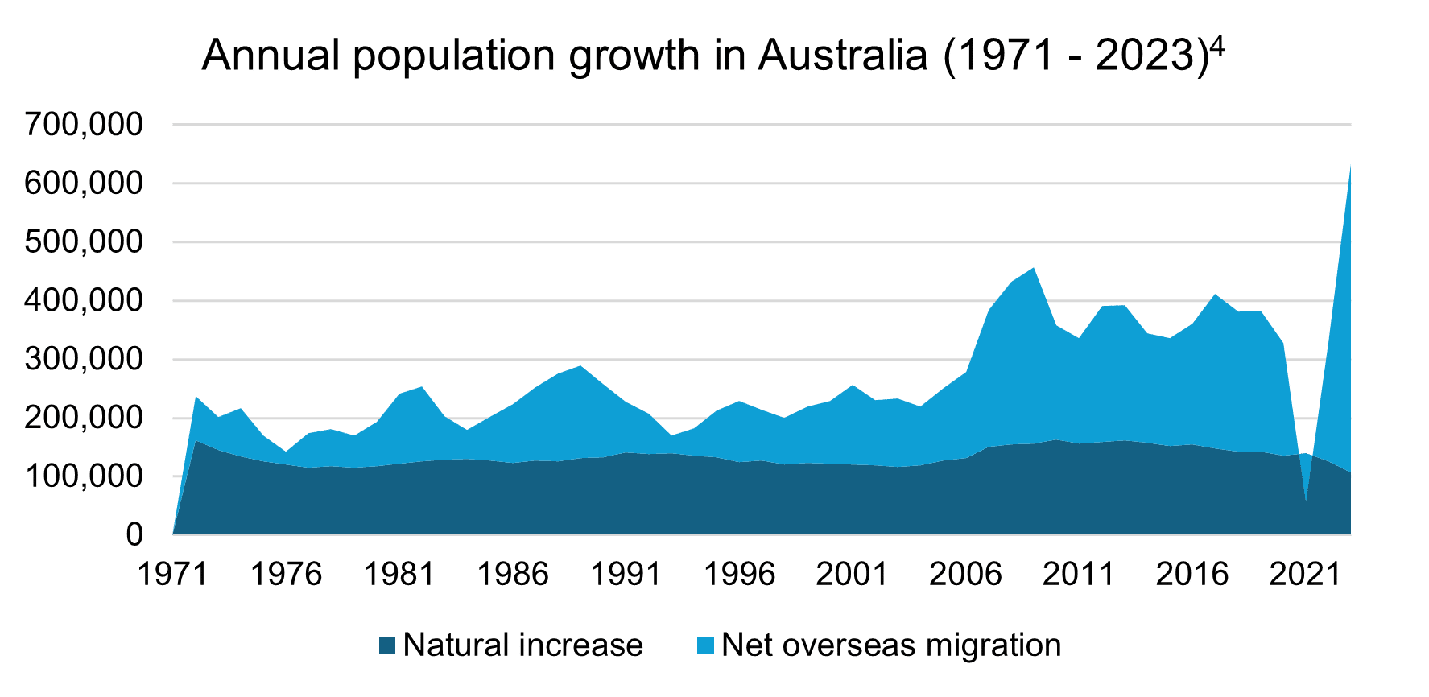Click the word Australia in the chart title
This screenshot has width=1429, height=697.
pyautogui.click(x=842, y=56)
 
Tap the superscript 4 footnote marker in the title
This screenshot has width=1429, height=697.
pyautogui.click(x=1216, y=47)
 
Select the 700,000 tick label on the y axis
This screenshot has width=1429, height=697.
pyautogui.click(x=85, y=125)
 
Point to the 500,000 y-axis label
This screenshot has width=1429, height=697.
pyautogui.click(x=85, y=242)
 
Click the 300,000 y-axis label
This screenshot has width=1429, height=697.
pyautogui.click(x=85, y=359)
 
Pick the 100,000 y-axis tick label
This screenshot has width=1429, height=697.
pyautogui.click(x=85, y=476)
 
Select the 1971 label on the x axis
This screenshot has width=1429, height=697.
pyautogui.click(x=173, y=575)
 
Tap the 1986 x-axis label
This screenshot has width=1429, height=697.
pyautogui.click(x=513, y=575)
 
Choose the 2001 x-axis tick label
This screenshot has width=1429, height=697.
pyautogui.click(x=853, y=575)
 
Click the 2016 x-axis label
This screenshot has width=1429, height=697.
pyautogui.click(x=1192, y=575)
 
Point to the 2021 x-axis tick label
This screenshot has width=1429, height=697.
pyautogui.click(x=1305, y=575)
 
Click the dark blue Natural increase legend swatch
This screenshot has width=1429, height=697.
pyautogui.click(x=387, y=645)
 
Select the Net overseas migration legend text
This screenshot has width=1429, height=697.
pyautogui.click(x=891, y=645)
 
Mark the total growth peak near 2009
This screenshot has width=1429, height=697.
pyautogui.click(x=1034, y=269)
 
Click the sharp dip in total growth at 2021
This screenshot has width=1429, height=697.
pyautogui.click(x=1306, y=501)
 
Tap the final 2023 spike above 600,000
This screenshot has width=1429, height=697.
pyautogui.click(x=1349, y=168)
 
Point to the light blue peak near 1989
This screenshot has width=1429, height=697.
pyautogui.click(x=580, y=367)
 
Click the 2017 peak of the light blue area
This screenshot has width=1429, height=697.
pyautogui.click(x=1215, y=295)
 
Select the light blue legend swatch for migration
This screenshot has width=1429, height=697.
pyautogui.click(x=706, y=645)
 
